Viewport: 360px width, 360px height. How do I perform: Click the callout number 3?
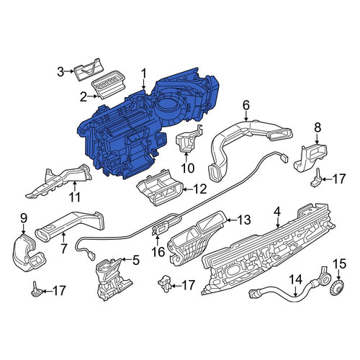(x=60, y=71)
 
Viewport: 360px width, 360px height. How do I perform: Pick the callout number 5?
(x=136, y=260)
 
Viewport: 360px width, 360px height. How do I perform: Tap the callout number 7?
(x=63, y=248)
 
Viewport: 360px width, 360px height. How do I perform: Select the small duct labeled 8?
(x=310, y=158)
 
